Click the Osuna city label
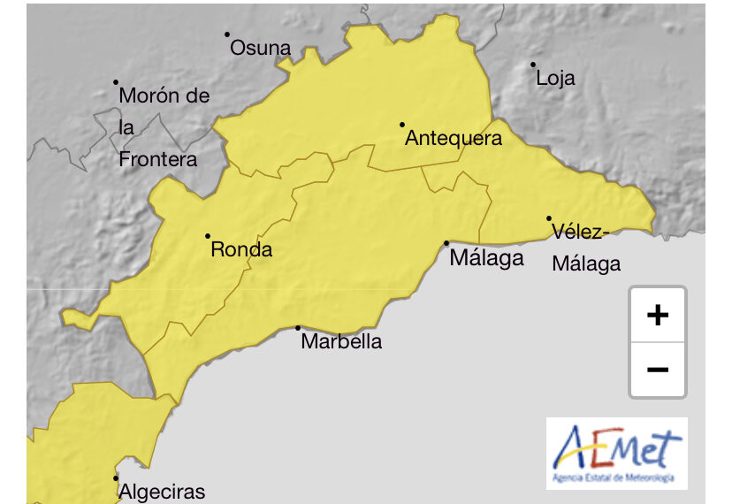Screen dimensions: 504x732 260,49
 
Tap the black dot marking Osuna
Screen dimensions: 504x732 227,34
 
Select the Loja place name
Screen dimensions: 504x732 555,78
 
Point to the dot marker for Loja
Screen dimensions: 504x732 533,65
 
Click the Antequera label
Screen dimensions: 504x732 453,139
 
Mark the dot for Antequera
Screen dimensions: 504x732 402,125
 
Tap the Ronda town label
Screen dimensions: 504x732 241,250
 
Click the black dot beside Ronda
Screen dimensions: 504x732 208,236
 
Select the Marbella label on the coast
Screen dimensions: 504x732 341,341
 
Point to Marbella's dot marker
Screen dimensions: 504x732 298,328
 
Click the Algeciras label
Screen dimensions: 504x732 162,493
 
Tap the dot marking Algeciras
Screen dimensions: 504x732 116,478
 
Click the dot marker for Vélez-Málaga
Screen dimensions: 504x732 549,218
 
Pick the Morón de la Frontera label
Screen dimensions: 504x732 163,127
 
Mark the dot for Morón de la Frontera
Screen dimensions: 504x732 116,82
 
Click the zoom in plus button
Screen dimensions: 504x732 657,315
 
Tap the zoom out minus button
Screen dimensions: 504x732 657,369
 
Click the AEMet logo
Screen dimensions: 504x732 616,453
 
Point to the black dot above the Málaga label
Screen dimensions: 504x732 446,243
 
